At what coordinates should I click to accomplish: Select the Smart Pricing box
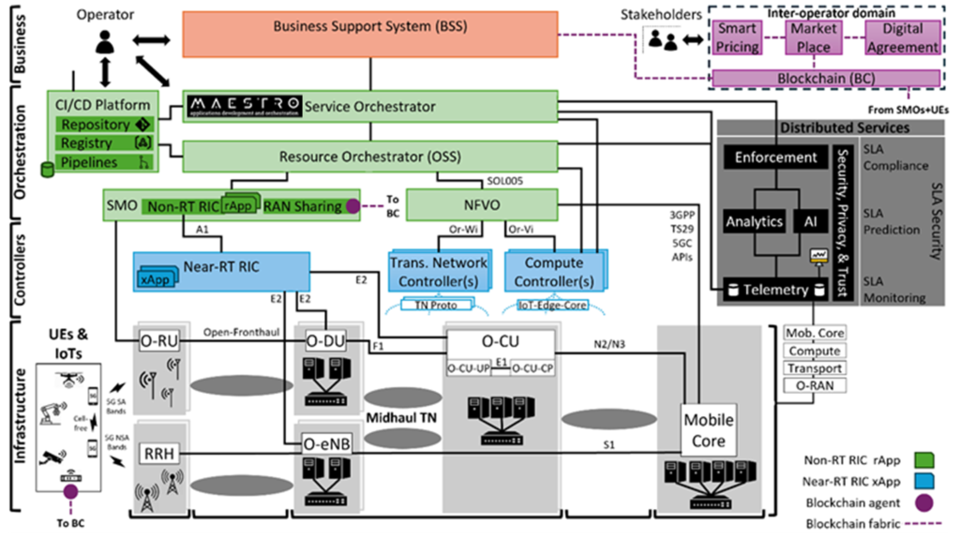(738, 37)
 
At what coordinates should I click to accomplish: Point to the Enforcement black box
(775, 157)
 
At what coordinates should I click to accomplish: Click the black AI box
(810, 222)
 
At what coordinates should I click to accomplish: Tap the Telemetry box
(773, 290)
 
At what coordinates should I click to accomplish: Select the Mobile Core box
(708, 430)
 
